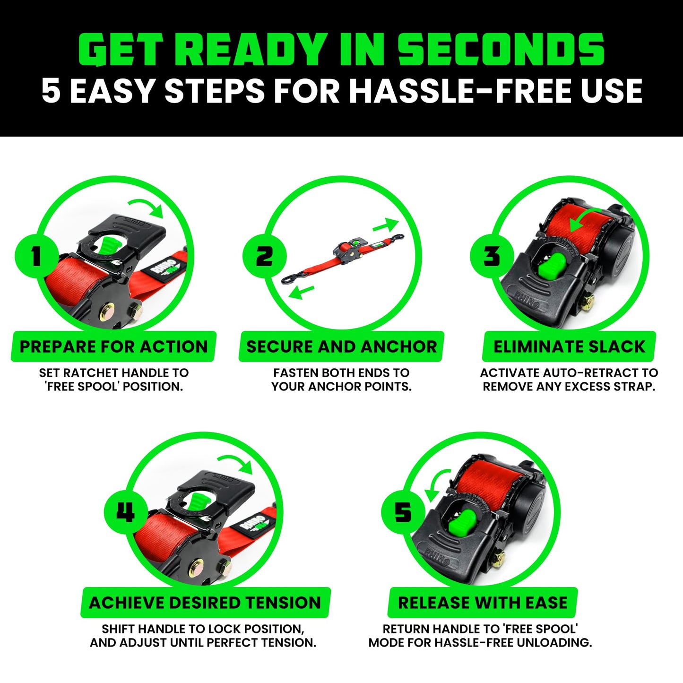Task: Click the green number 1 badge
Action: (37, 257)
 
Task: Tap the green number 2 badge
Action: (265, 257)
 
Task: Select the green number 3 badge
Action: (492, 257)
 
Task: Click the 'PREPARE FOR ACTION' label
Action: (113, 346)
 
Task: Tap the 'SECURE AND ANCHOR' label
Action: (341, 346)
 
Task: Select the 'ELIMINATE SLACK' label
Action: (569, 346)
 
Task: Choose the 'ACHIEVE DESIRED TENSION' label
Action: (205, 603)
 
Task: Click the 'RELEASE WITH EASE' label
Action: (483, 603)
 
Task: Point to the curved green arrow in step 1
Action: (147, 207)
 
